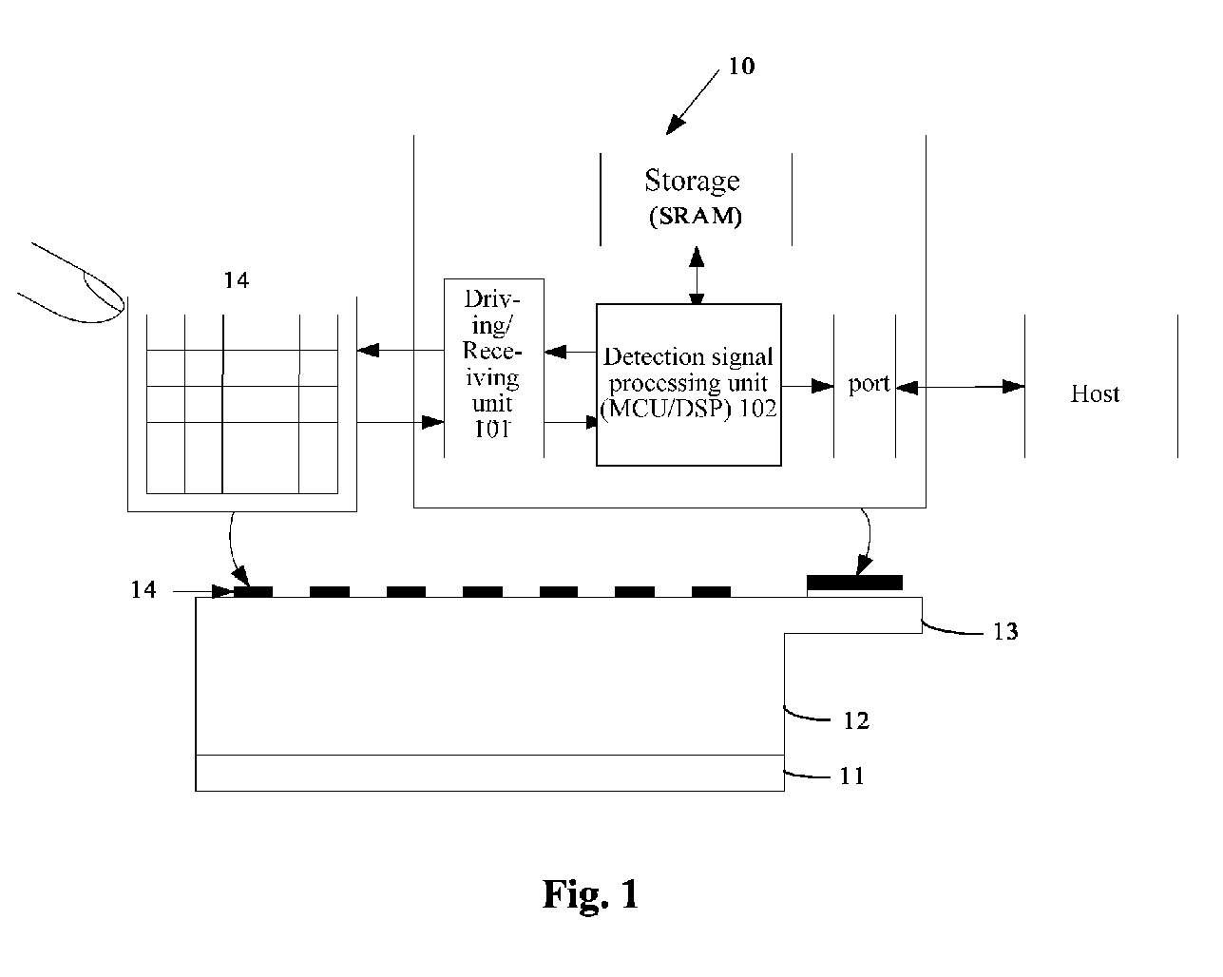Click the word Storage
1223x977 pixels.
pos(692,182)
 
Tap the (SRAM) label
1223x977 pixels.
pos(695,216)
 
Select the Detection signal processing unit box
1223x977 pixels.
pos(688,385)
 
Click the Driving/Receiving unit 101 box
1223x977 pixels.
pos(493,368)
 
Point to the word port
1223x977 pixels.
pos(869,384)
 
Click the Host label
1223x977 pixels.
pos(1095,393)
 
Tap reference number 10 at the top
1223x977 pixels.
pos(741,66)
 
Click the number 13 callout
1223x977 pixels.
pos(1005,631)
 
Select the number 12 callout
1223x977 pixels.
pos(856,720)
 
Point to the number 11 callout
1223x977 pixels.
pos(851,776)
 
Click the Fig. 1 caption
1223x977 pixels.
pos(590,894)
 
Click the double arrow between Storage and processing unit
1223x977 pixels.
pos(697,275)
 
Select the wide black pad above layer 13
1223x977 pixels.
pos(854,583)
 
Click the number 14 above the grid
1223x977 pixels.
pos(237,280)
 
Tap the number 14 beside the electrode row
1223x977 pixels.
pos(143,590)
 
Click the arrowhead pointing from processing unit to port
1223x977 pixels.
pos(823,387)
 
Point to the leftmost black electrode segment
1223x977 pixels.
pos(253,592)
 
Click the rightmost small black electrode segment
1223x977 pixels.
pos(711,592)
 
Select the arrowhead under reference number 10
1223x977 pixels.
pos(675,125)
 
